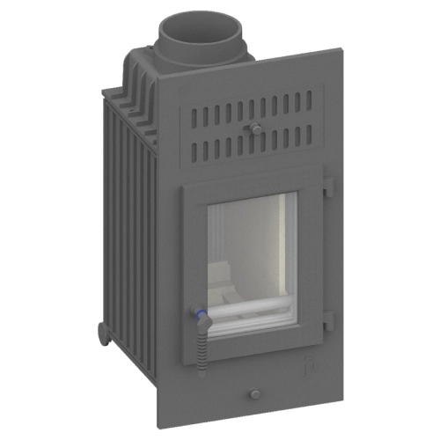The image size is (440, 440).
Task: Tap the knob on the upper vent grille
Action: click(255, 128)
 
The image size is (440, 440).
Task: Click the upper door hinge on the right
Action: click(327, 187)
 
